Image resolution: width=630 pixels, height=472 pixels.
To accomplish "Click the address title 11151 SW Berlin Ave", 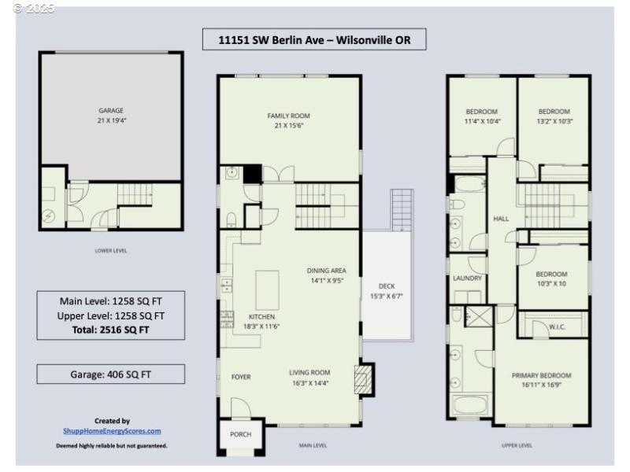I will pyautogui.click(x=313, y=39).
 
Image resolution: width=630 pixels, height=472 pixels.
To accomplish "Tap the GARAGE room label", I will pyautogui.click(x=111, y=111).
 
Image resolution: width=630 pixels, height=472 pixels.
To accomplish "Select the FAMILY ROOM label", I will pyautogui.click(x=289, y=116).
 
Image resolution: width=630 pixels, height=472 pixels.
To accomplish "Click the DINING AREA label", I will pyautogui.click(x=326, y=271).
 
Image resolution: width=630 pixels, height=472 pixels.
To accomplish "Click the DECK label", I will pyautogui.click(x=386, y=286).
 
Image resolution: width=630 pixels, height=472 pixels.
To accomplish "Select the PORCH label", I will pyautogui.click(x=240, y=434).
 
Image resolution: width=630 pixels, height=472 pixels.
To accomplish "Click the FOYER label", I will pyautogui.click(x=241, y=377).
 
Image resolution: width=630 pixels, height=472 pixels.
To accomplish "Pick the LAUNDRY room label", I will pyautogui.click(x=467, y=278).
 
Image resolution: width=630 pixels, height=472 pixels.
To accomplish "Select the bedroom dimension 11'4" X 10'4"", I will pyautogui.click(x=482, y=121).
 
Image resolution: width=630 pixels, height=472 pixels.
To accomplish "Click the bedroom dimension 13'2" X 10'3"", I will pyautogui.click(x=554, y=121).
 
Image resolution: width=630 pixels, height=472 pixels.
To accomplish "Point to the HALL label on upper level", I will pyautogui.click(x=500, y=218).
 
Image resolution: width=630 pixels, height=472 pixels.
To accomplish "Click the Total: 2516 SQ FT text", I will pyautogui.click(x=112, y=330).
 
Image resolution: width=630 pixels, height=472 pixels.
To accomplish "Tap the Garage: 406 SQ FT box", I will pyautogui.click(x=111, y=374).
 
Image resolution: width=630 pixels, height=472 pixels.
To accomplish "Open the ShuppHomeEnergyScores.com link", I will pyautogui.click(x=112, y=431).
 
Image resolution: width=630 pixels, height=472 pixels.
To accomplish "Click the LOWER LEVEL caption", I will pyautogui.click(x=111, y=251).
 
